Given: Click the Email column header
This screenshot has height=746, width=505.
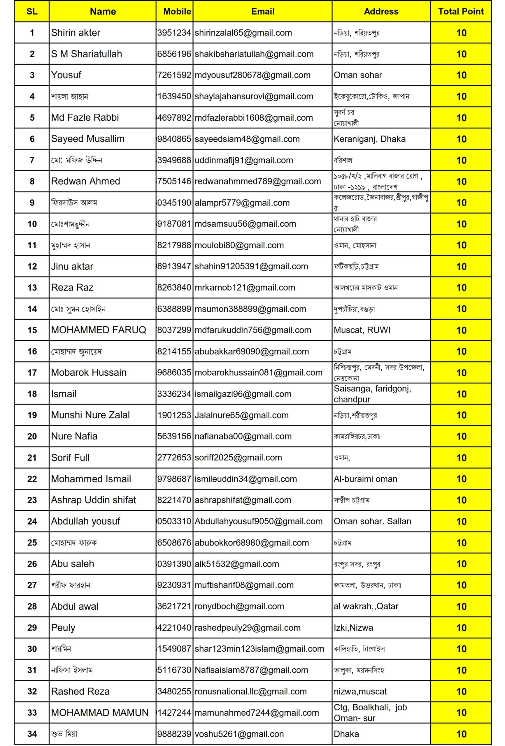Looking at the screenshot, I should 262,12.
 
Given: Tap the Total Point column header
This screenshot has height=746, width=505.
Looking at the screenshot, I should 461,12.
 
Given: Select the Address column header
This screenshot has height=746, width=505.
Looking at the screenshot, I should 381,12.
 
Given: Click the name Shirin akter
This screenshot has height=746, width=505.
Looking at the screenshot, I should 76,33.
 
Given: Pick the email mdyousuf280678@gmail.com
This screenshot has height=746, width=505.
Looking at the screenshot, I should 253,75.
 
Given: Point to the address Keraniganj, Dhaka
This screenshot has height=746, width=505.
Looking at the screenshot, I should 369,139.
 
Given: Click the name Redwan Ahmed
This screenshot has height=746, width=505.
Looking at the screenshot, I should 85,181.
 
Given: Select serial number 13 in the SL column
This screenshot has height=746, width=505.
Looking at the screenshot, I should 32,288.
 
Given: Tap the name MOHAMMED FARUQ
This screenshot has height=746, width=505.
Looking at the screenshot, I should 99,330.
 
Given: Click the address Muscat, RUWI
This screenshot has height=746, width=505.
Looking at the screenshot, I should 362,330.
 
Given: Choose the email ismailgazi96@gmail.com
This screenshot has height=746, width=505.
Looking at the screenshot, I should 243,394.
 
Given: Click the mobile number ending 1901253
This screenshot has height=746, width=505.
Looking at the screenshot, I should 174,415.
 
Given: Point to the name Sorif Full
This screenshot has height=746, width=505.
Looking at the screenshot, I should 70,458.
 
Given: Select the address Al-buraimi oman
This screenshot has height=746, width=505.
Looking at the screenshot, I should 365,479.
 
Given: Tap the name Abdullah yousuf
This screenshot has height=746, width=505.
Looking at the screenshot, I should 85,521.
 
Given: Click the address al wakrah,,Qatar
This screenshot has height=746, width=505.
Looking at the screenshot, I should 366,606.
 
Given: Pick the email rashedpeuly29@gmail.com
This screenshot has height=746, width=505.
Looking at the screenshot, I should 247,628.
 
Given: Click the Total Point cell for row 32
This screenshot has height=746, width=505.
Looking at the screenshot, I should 461,692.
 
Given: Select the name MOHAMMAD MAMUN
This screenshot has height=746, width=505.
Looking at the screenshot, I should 100,712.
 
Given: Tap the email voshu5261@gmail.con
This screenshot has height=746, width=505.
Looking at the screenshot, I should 239,734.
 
